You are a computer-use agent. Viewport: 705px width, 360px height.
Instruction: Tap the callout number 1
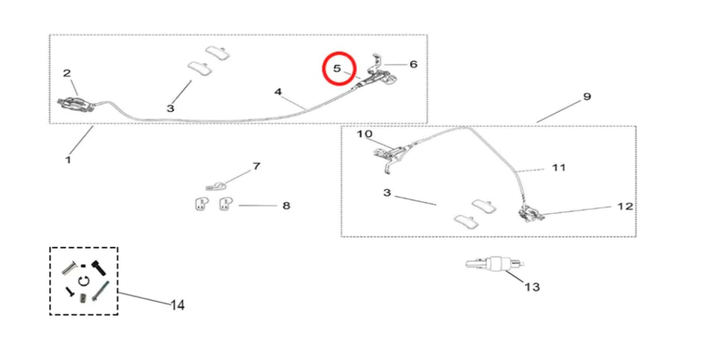pos(68,159)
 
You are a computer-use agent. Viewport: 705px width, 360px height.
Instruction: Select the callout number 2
pos(67,73)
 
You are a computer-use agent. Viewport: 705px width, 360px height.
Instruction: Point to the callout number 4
pos(278,92)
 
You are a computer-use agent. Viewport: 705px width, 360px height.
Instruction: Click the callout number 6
pos(413,65)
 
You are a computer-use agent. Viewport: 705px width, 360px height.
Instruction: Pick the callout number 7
pos(256,165)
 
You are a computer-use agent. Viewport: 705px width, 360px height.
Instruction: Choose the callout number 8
pos(286,205)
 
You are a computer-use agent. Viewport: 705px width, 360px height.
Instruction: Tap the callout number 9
pos(587,97)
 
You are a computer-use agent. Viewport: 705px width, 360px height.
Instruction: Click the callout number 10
pos(365,135)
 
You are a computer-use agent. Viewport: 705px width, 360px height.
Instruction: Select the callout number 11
pos(558,168)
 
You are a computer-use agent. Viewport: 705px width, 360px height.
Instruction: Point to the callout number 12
pos(625,206)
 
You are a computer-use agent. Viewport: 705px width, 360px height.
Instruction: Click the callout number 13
pos(532,286)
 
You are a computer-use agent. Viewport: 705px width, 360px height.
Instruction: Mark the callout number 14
pos(177,304)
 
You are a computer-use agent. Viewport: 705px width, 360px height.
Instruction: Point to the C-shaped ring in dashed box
pos(83,280)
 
